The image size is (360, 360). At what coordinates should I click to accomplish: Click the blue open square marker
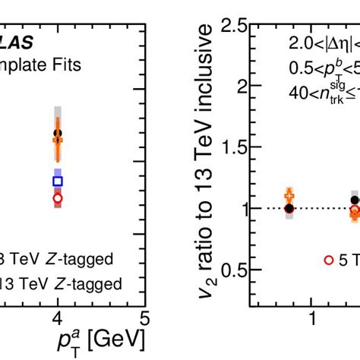coord(58,181)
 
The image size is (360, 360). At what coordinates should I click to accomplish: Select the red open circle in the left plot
coord(58,197)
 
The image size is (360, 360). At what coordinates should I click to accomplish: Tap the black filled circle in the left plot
coord(58,134)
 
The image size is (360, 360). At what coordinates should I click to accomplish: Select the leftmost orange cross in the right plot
coord(289,195)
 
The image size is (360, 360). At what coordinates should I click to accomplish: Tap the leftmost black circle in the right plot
coord(289,208)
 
